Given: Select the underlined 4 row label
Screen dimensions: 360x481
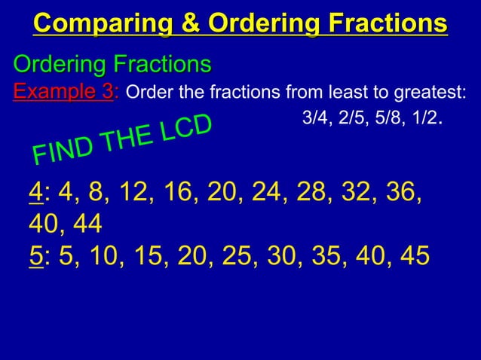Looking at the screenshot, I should (x=34, y=193).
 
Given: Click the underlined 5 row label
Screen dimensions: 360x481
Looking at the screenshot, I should (x=34, y=256).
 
